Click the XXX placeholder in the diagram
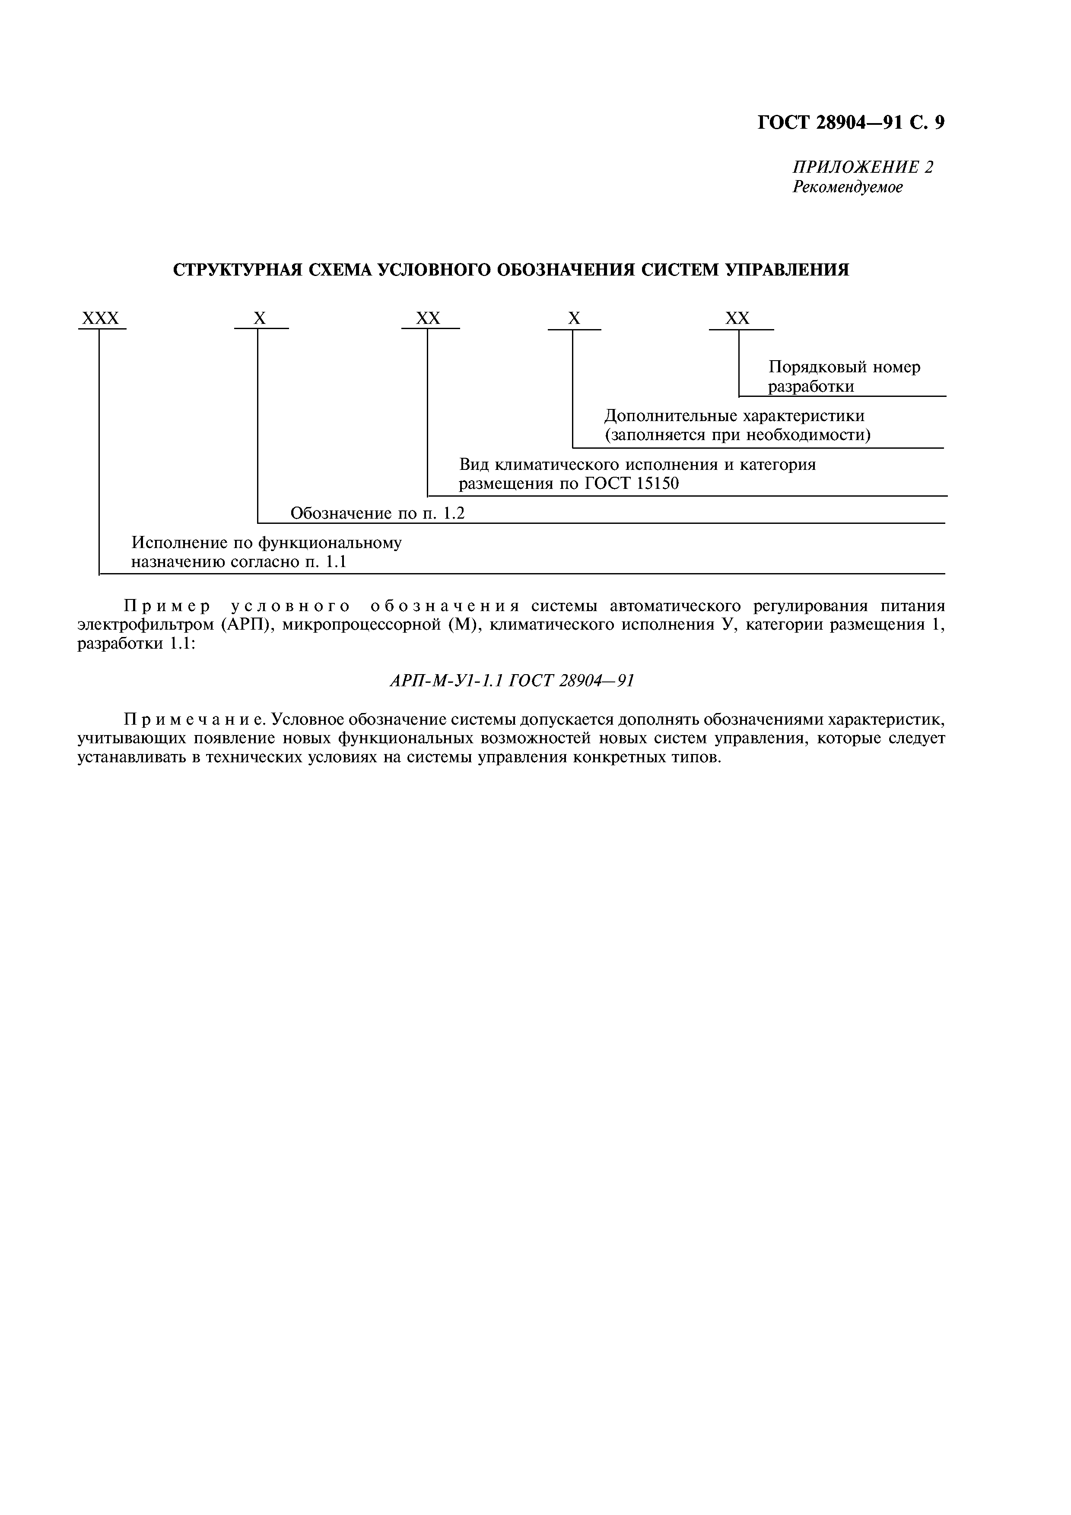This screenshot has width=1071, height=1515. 100,319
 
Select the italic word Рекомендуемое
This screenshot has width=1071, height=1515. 847,187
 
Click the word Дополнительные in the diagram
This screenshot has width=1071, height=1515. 671,416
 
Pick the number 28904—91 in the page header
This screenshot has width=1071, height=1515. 858,123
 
